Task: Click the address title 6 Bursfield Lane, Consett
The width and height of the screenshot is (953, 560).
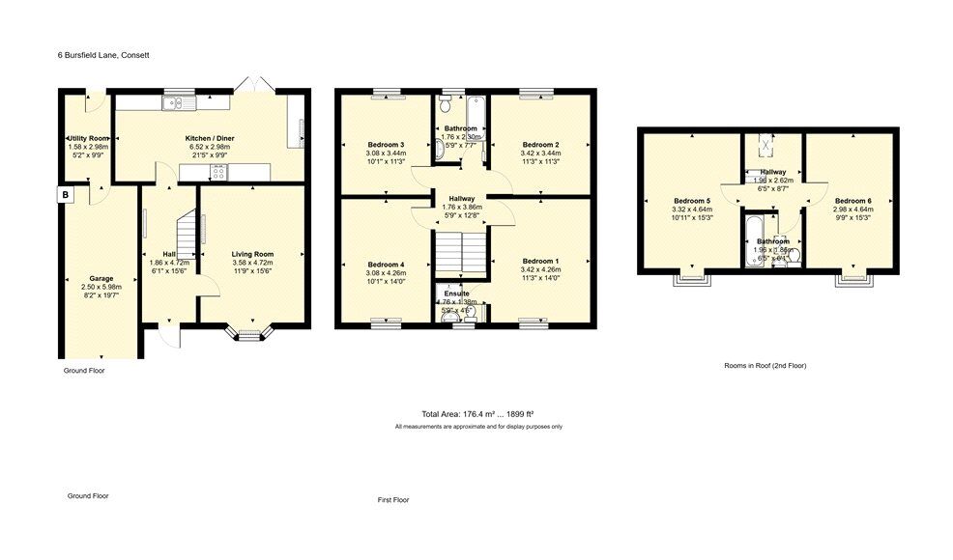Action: tap(102, 55)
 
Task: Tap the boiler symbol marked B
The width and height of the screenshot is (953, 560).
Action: tap(66, 195)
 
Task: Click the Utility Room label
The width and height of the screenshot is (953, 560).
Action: tap(86, 138)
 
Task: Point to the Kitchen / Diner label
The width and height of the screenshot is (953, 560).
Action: tap(210, 138)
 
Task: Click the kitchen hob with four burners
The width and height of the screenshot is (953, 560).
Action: tap(218, 173)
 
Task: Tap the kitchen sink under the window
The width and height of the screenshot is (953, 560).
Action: tap(179, 100)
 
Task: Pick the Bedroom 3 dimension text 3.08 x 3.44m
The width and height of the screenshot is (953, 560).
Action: tap(385, 154)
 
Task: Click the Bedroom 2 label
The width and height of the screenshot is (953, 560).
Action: tap(539, 145)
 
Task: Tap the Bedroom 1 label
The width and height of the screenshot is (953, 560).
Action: tap(540, 261)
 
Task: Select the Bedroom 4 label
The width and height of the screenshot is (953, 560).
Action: tap(385, 264)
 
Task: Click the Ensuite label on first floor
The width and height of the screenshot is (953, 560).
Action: tap(457, 293)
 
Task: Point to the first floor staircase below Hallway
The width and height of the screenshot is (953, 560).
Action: tap(459, 256)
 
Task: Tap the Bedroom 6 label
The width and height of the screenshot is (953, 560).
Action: tap(854, 201)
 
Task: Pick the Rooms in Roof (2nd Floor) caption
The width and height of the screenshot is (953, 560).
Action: tap(765, 366)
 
